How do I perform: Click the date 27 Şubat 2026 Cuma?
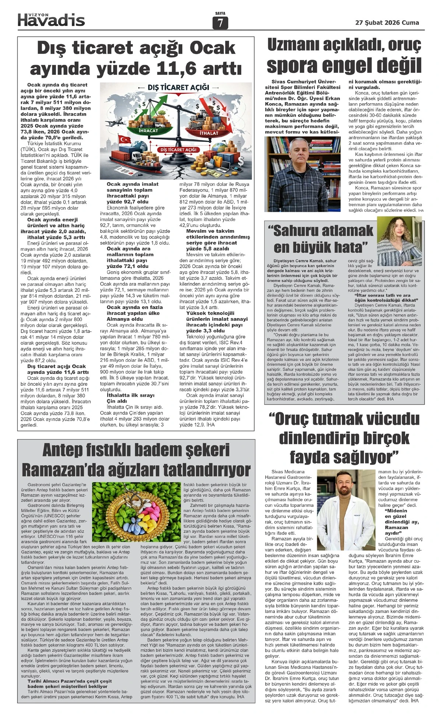coord(387,22)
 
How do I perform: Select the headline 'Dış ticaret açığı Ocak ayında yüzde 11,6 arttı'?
coord(136,58)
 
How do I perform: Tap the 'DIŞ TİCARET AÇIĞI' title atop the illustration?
coord(178,87)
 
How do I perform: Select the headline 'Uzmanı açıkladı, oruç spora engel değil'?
coord(344,56)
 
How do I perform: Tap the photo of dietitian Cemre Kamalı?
coord(399,241)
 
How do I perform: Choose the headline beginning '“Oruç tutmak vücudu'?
coord(344,438)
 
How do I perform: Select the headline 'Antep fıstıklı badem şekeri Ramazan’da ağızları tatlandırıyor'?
coord(136,460)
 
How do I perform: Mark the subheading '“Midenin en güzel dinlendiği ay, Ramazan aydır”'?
coord(396,522)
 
